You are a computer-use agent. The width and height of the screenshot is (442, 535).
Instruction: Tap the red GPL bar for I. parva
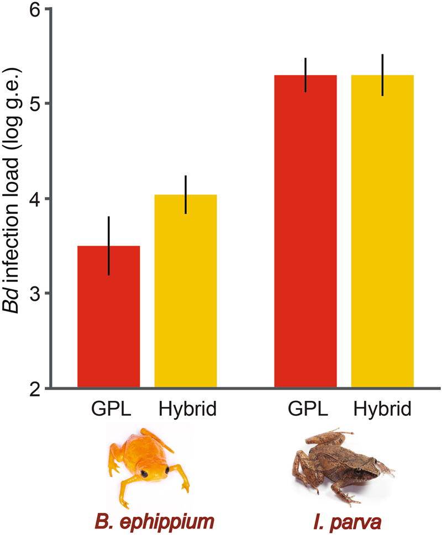306,232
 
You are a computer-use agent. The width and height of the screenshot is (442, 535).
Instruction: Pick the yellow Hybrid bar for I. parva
382,232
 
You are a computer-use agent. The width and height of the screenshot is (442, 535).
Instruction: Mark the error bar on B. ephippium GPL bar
109,246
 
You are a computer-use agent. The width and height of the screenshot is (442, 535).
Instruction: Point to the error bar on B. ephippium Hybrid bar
186,194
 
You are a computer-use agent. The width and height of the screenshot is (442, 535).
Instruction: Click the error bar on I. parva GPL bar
306,75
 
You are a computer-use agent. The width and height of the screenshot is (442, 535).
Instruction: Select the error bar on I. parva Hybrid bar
382,75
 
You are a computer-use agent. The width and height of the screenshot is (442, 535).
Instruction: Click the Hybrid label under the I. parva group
382,410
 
